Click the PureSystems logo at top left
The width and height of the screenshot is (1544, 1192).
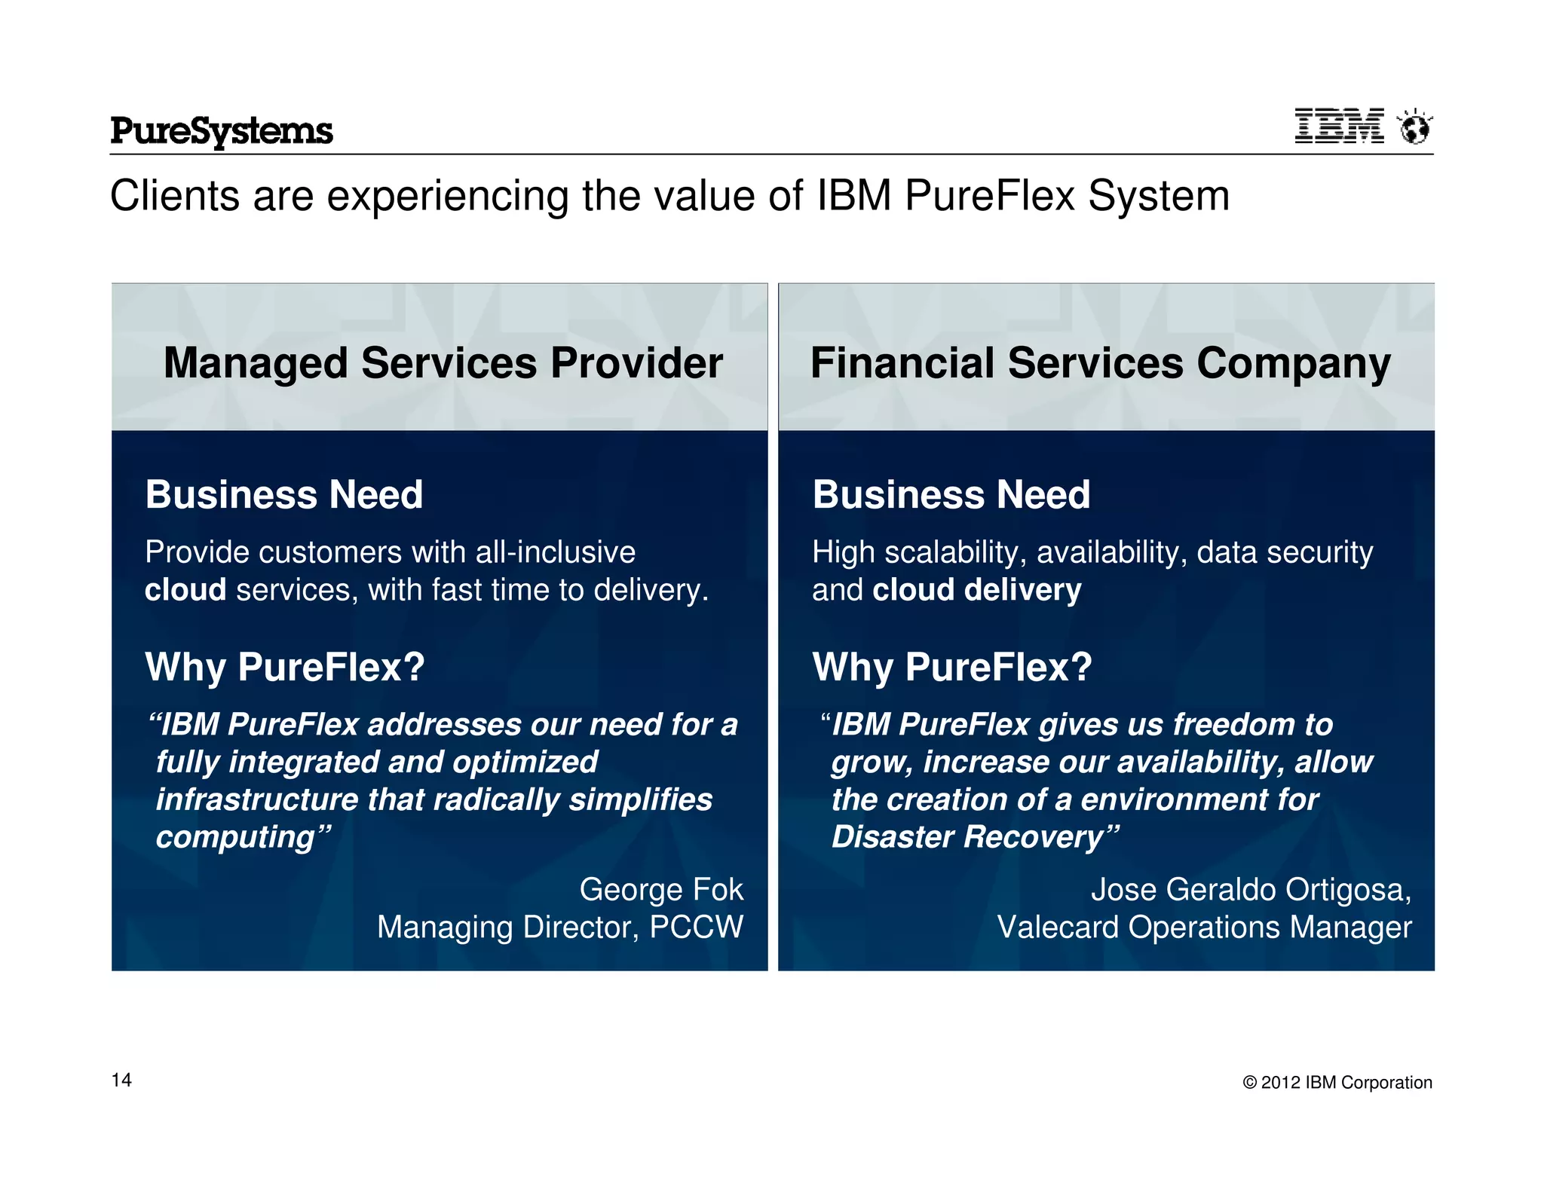(x=221, y=131)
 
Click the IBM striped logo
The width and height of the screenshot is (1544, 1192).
(x=1339, y=126)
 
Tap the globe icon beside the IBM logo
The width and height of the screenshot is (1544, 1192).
(x=1414, y=127)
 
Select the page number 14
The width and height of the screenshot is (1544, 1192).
(x=121, y=1080)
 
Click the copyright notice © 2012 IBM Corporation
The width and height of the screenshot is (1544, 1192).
(x=1337, y=1083)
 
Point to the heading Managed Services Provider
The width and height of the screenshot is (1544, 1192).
(x=443, y=363)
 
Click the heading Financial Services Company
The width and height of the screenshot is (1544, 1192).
(x=1100, y=363)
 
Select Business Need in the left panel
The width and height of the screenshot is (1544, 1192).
(x=283, y=495)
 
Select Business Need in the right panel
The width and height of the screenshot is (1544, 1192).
(x=951, y=495)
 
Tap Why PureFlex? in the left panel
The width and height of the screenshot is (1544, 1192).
(x=284, y=667)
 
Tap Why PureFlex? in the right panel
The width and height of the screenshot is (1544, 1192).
(x=951, y=667)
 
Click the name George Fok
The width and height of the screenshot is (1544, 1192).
(x=661, y=890)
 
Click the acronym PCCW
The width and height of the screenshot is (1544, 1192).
(x=696, y=928)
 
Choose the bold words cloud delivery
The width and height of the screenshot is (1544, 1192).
(x=976, y=590)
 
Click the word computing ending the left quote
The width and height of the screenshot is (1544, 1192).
(x=234, y=837)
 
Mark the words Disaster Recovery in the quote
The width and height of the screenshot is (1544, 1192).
(x=967, y=837)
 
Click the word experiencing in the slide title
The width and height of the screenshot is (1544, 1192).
(x=446, y=196)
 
